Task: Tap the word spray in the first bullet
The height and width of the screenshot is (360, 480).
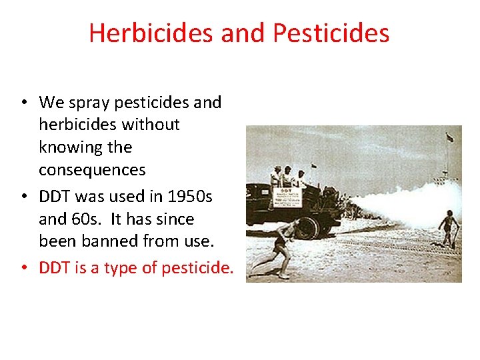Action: [x=85, y=103]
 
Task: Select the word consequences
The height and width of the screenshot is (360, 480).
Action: [x=92, y=169]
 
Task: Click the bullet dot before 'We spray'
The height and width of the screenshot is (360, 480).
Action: [x=23, y=103]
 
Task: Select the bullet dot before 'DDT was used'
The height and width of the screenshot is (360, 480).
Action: [x=23, y=197]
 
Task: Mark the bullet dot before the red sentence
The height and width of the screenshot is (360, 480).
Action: [x=23, y=268]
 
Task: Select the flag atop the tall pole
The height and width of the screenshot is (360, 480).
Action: [x=450, y=138]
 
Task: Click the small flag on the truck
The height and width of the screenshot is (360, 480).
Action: [x=314, y=166]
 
